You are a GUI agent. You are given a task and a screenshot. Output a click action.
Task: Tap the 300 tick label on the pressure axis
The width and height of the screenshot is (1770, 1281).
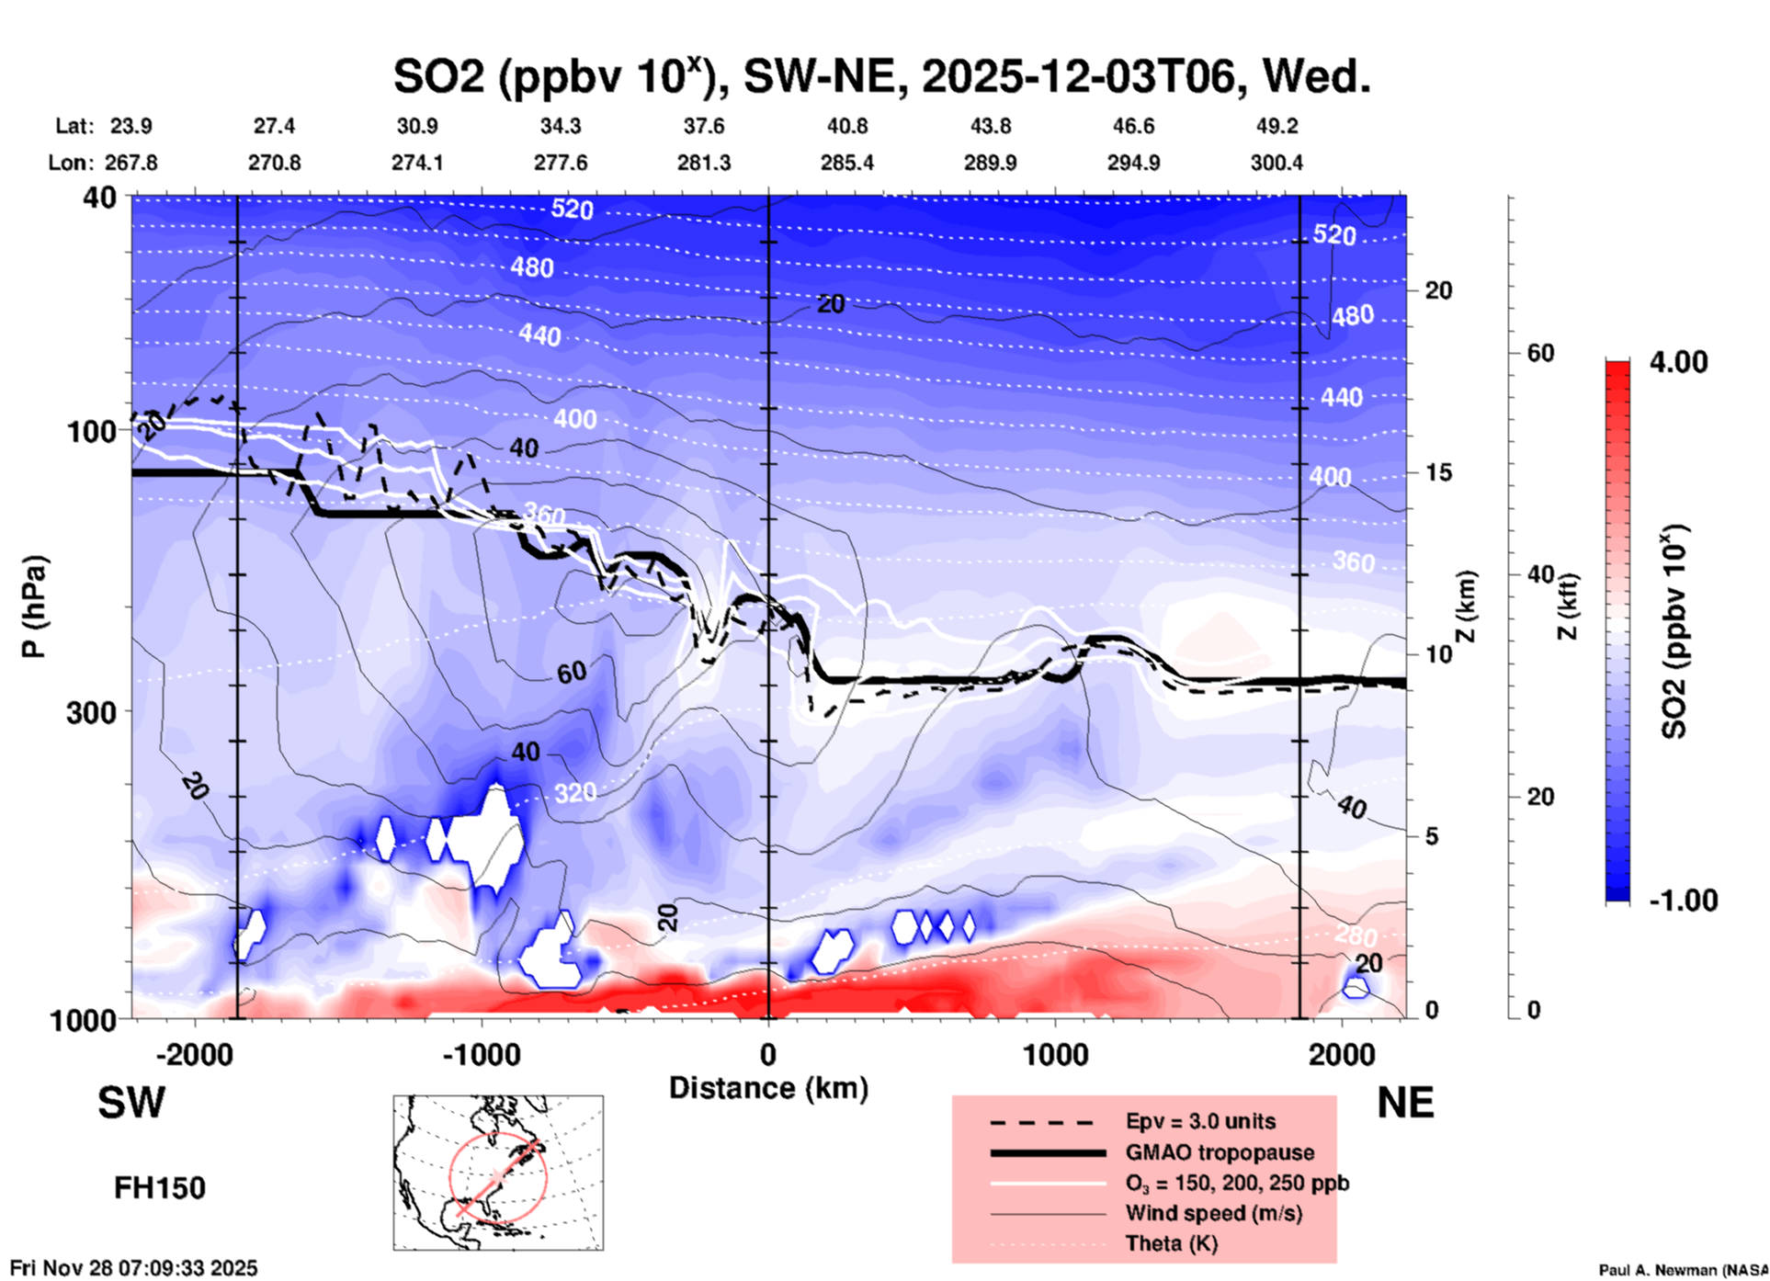click(91, 711)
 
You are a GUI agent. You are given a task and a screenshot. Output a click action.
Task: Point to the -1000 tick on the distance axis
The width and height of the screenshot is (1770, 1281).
click(482, 1054)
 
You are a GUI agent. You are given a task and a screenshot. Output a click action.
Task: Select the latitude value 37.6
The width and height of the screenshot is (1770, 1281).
click(704, 126)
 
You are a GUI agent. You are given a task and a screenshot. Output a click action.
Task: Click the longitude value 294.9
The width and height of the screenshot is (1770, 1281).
click(1133, 163)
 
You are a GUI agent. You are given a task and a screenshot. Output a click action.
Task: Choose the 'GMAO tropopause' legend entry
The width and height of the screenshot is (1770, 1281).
click(1220, 1152)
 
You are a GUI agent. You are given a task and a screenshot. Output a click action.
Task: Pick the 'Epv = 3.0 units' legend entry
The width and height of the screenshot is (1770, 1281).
click(1200, 1121)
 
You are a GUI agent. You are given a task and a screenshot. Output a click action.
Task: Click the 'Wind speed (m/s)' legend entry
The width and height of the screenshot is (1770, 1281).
click(1213, 1213)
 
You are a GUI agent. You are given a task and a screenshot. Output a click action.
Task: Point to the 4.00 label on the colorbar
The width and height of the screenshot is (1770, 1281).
click(1678, 361)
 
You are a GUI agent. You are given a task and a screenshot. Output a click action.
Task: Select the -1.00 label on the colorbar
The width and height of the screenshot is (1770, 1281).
click(1682, 900)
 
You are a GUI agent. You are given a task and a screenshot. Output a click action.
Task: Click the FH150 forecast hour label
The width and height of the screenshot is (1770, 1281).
click(160, 1188)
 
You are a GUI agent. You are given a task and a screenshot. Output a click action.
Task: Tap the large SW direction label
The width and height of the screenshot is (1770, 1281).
click(131, 1103)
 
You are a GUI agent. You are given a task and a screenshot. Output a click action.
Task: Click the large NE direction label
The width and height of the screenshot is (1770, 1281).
click(1405, 1103)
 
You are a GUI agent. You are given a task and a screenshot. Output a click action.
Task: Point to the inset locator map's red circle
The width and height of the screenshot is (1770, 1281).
click(498, 1177)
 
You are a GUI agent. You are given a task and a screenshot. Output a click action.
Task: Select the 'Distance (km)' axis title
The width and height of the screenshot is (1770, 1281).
click(768, 1088)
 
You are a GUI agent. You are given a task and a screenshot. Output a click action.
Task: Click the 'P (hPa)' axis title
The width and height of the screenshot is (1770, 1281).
click(35, 606)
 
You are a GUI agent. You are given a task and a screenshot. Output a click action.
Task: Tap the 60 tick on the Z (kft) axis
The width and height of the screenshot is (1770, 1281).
click(1540, 353)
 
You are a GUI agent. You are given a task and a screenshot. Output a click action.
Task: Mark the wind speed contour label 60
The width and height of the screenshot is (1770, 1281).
click(571, 673)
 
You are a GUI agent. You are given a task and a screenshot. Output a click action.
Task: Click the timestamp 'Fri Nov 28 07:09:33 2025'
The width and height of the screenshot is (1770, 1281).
click(134, 1268)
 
